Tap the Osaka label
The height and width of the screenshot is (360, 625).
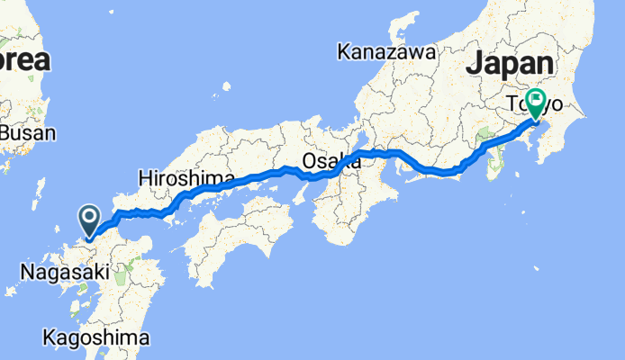(x=331, y=162)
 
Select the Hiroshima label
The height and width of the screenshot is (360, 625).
(x=186, y=178)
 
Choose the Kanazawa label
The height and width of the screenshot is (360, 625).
(x=386, y=52)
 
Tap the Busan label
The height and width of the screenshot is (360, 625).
(x=27, y=133)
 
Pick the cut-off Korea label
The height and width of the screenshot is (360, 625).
(x=24, y=60)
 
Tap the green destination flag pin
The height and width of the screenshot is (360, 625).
(x=538, y=102)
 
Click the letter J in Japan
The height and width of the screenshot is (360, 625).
(x=475, y=63)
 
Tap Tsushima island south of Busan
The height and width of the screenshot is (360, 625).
(x=38, y=192)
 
